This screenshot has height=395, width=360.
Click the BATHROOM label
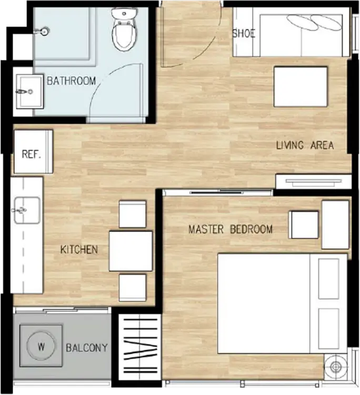[71, 81]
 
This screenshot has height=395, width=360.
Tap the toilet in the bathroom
[124, 29]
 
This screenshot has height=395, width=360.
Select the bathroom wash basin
[29, 92]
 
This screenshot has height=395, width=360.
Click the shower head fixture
[42, 31]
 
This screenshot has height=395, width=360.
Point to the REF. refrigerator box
[33, 152]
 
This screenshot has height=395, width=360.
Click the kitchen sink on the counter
[27, 210]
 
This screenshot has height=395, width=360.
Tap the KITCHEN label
[79, 250]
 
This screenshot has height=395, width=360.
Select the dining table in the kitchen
[131, 251]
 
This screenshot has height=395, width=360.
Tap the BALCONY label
[87, 348]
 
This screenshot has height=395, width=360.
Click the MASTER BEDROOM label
[231, 229]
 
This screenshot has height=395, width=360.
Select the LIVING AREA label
[305, 145]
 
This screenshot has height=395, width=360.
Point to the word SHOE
[244, 34]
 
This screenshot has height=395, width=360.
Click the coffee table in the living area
[301, 87]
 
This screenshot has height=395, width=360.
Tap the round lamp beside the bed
[335, 367]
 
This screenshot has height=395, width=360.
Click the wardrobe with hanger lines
[140, 347]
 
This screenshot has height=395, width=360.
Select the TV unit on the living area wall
[314, 182]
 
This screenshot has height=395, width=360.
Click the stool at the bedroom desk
[303, 225]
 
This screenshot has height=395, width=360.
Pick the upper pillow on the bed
[328, 279]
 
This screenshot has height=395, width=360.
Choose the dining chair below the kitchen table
[133, 288]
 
